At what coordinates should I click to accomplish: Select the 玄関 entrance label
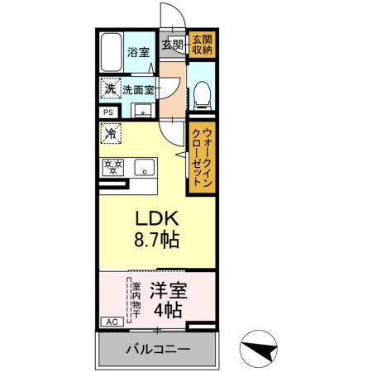[172, 44]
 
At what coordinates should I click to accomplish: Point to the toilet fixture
[200, 96]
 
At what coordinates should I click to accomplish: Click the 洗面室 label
[138, 89]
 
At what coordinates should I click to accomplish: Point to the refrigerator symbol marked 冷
[110, 131]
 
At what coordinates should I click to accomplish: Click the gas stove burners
[113, 166]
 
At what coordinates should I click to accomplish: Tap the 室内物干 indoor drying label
[135, 301]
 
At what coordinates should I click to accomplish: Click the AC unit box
[110, 322]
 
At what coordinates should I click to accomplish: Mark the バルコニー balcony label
[157, 349]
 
